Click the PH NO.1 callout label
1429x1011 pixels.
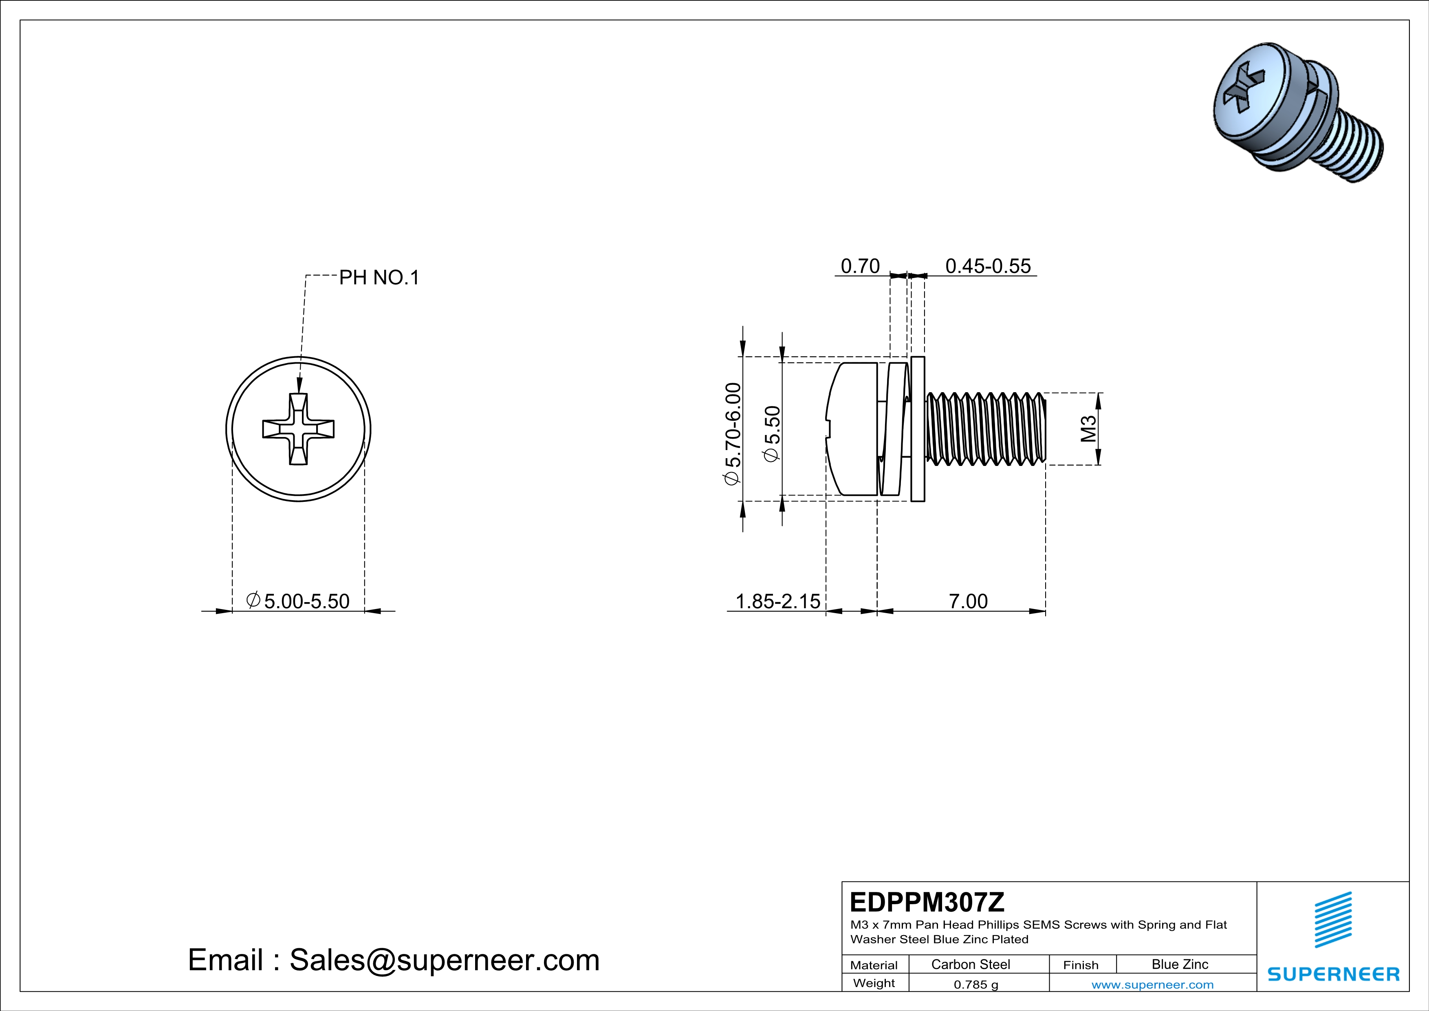tap(379, 278)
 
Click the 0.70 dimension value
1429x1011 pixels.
tap(860, 267)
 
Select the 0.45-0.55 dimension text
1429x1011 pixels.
tap(988, 267)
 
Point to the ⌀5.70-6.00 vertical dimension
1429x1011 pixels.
tap(733, 434)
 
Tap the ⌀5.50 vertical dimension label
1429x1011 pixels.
tap(772, 434)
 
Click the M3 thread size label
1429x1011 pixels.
tap(1088, 429)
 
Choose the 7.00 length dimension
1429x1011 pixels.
tap(968, 601)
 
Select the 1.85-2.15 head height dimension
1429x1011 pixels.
tap(778, 601)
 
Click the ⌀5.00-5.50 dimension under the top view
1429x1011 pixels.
tap(298, 601)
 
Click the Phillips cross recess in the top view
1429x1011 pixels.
tap(298, 429)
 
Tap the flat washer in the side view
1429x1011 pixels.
tap(917, 429)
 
